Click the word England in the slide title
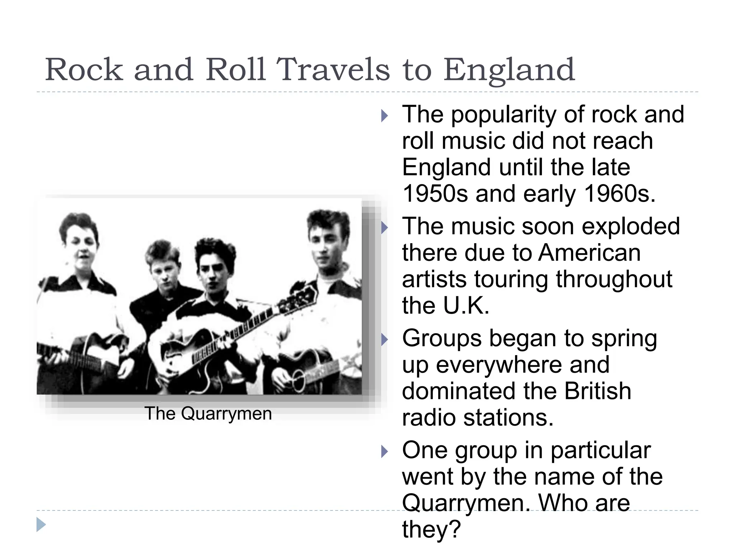click(x=509, y=70)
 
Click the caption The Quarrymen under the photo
click(x=208, y=414)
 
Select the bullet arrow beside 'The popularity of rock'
click(x=384, y=116)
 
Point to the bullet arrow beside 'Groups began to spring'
click(x=384, y=339)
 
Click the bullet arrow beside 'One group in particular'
click(x=384, y=451)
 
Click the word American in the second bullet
click(x=589, y=253)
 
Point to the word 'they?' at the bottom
click(x=431, y=529)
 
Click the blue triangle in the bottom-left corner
click(x=41, y=524)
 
